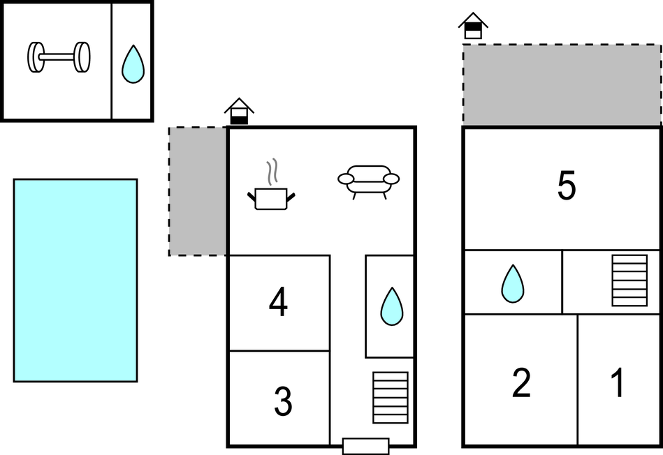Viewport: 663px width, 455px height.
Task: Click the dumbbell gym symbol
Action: coord(59,57)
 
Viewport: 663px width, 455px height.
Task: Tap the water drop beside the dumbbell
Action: coord(133,65)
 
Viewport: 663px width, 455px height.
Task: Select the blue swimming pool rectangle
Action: coord(75,280)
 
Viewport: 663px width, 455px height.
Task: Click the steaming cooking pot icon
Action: coord(271,197)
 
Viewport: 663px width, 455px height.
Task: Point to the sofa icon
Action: coord(368,180)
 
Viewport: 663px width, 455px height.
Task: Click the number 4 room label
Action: coord(278,303)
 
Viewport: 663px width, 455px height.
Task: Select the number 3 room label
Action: coord(282,401)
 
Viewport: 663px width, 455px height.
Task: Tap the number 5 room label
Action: coord(567,186)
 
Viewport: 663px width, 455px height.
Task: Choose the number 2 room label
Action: coord(521,383)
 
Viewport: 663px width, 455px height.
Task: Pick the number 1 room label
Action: coord(618,383)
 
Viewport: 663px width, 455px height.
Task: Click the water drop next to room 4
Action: coord(391,306)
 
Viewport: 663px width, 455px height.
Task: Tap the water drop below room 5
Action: coord(513,283)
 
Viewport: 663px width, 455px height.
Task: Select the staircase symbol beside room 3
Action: coord(391,397)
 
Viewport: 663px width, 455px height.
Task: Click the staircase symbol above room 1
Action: coord(629,281)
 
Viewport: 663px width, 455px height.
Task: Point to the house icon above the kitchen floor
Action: coord(239,111)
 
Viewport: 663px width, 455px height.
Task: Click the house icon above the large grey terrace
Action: coord(473,26)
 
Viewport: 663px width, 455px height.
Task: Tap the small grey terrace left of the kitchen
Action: coord(198,191)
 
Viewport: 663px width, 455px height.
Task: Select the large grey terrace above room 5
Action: coord(562,85)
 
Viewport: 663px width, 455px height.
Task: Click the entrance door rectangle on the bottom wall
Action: coord(365,446)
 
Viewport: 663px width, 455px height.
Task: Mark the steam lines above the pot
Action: coord(272,172)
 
